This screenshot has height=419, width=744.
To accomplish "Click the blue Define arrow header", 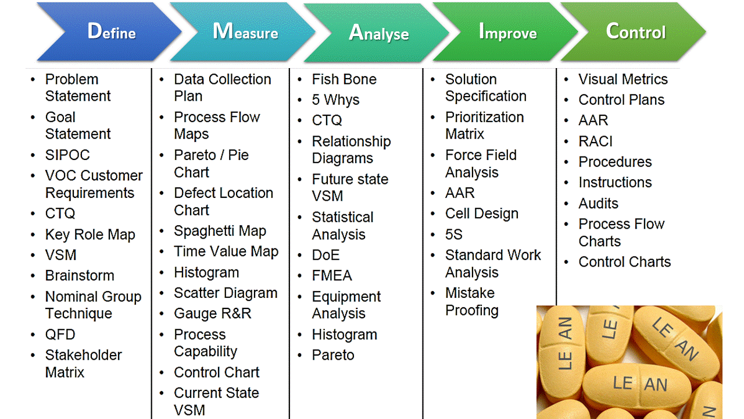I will click(x=110, y=31).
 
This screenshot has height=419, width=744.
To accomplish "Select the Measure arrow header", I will click(x=244, y=31).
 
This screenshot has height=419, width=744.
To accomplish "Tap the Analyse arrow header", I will click(x=378, y=33).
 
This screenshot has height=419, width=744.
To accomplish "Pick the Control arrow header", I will click(x=635, y=31).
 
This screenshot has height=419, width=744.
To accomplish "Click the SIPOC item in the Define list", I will click(x=67, y=155).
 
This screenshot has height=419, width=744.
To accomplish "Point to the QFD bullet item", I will click(x=60, y=335).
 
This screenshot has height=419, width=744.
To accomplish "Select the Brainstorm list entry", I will click(x=80, y=276).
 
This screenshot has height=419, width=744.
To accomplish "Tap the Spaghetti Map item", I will click(x=220, y=231).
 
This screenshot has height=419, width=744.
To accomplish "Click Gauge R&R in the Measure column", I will click(x=212, y=314).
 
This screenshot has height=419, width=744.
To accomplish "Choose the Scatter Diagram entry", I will click(x=226, y=293).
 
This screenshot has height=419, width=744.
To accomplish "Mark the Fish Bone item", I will click(x=344, y=80).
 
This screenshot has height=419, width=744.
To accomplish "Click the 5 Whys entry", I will click(x=335, y=100).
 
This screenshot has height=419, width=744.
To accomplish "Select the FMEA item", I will click(x=332, y=276).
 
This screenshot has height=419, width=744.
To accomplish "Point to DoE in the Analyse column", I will click(x=325, y=255).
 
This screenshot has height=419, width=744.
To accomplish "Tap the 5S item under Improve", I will click(x=454, y=235).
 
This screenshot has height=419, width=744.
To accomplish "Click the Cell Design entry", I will click(x=481, y=214).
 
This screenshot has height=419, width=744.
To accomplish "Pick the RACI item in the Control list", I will click(x=595, y=141).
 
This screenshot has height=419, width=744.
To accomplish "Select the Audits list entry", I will click(x=598, y=204).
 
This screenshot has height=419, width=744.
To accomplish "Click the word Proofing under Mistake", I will click(x=471, y=311).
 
